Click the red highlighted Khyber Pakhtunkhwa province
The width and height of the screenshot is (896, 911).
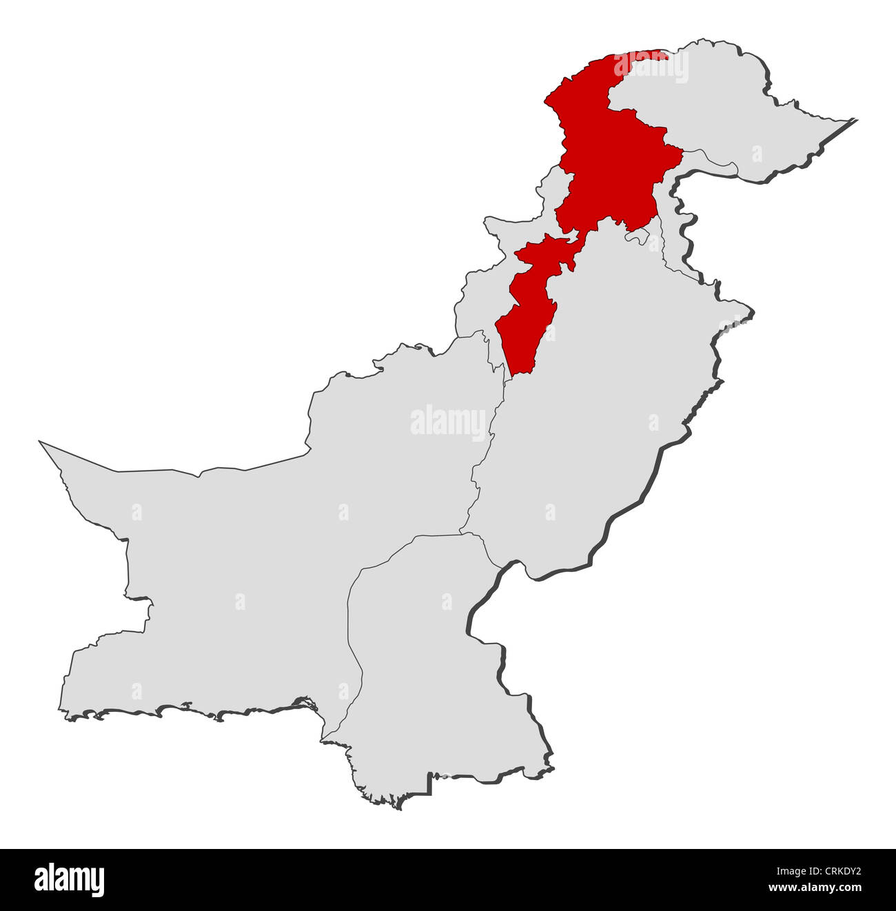point(607,165)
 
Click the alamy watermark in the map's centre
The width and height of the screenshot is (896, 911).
point(448,422)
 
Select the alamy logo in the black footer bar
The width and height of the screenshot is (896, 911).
point(69,880)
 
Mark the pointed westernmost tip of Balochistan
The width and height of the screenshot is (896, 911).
point(41,443)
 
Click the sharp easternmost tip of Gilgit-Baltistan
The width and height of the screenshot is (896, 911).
point(855,121)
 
